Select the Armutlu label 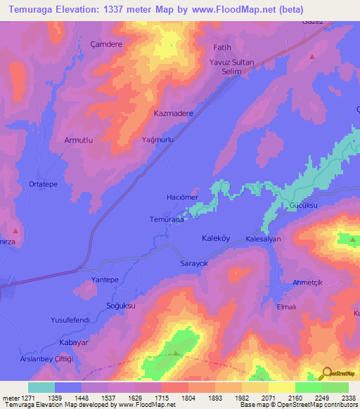pyautogui.click(x=79, y=141)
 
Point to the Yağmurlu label pyautogui.click(x=157, y=140)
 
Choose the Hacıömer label pyautogui.click(x=182, y=197)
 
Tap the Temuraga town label pyautogui.click(x=167, y=219)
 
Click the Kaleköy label pyautogui.click(x=217, y=238)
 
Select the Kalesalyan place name pyautogui.click(x=264, y=240)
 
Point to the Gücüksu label pyautogui.click(x=305, y=205)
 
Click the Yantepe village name pyautogui.click(x=105, y=280)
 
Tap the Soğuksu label pyautogui.click(x=120, y=306)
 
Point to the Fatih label pyautogui.click(x=222, y=47)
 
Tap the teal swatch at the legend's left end pyautogui.click(x=41, y=387)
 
